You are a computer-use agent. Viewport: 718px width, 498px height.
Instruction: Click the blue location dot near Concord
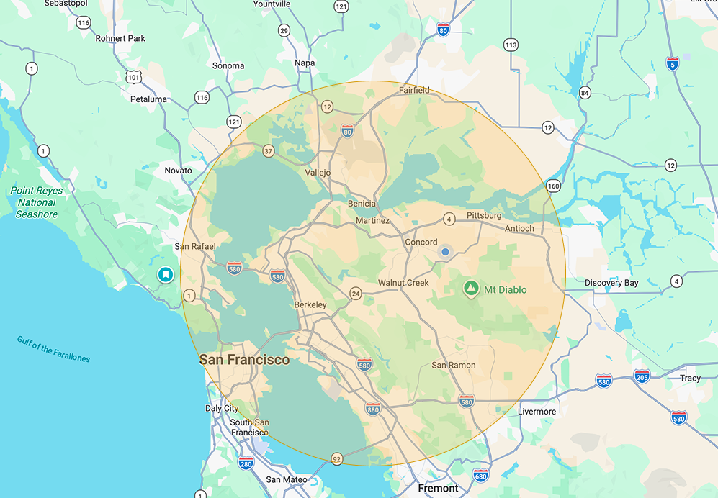(x=445, y=252)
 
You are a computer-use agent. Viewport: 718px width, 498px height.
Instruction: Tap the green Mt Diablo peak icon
(x=471, y=289)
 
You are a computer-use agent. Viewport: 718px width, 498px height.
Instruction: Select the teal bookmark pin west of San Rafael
(x=165, y=274)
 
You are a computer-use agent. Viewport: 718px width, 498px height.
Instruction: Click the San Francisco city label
(x=244, y=359)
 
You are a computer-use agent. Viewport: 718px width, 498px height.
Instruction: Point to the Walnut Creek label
(x=403, y=283)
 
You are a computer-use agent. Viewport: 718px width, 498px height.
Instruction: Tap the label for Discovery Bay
(x=611, y=283)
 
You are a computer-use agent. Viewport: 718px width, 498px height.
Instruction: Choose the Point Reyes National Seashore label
(x=37, y=202)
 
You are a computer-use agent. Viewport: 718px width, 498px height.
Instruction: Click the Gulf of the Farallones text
(x=54, y=348)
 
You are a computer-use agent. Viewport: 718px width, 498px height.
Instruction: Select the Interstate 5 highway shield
(x=673, y=63)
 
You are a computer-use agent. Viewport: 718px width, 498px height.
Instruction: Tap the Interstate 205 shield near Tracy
(x=642, y=376)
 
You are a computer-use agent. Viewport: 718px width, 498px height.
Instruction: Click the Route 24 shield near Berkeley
(x=356, y=294)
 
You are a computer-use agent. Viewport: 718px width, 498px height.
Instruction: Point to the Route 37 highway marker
(x=269, y=151)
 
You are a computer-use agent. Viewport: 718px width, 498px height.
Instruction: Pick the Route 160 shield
(x=553, y=186)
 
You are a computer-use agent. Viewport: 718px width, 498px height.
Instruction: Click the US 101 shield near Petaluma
(x=133, y=76)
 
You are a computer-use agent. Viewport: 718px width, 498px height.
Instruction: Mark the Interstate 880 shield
(x=372, y=409)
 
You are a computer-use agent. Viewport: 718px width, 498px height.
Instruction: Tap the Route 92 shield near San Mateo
(x=336, y=458)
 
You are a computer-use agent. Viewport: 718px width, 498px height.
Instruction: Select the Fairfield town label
(x=415, y=90)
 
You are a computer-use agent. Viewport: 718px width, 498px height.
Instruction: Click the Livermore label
(x=537, y=412)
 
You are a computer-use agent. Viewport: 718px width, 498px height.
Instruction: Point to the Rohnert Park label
(x=120, y=38)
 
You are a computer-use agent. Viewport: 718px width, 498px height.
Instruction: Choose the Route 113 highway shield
(x=511, y=45)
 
